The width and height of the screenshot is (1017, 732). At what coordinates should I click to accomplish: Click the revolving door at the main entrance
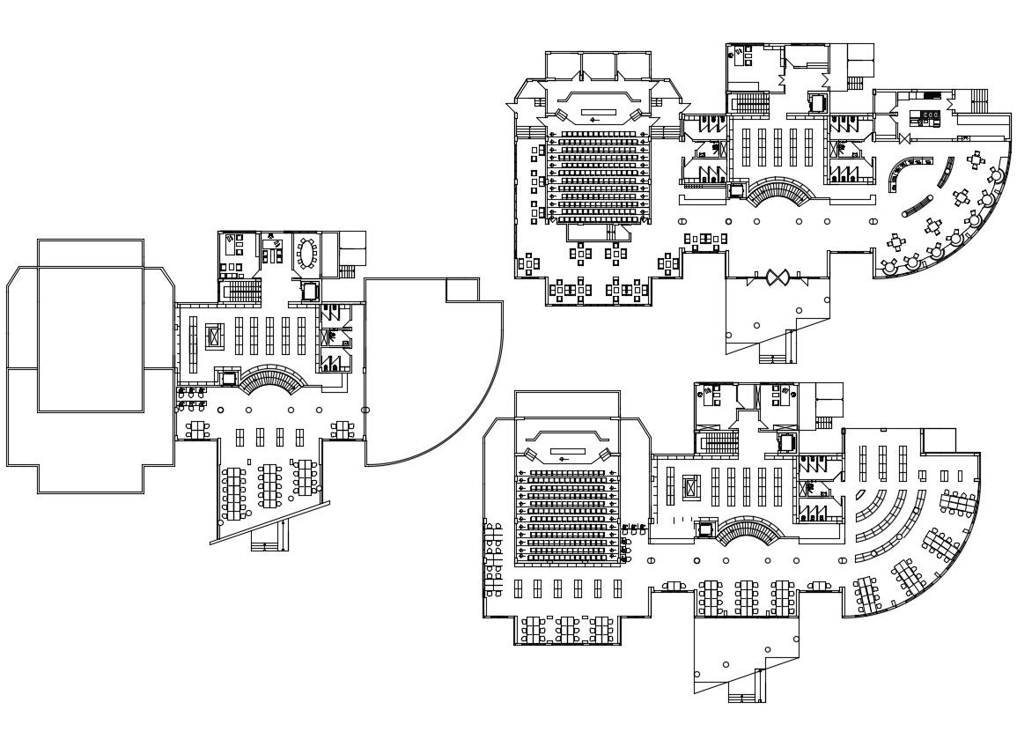(x=776, y=277)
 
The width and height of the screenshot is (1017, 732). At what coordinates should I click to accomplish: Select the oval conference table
(x=307, y=254)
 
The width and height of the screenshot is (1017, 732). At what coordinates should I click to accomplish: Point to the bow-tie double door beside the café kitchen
(x=905, y=139)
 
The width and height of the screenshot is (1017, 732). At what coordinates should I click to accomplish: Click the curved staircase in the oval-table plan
(x=274, y=381)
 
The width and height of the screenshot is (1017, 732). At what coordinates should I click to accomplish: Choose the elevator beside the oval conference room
(x=309, y=290)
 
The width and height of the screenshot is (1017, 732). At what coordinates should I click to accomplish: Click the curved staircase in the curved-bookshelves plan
(x=748, y=533)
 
